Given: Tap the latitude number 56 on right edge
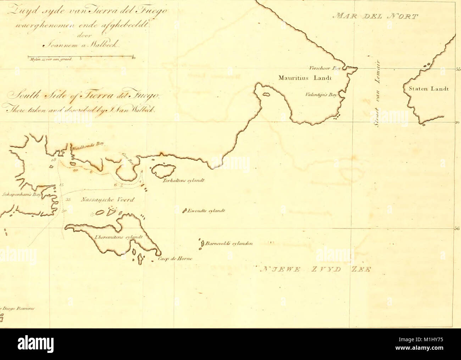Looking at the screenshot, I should point(457,229).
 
